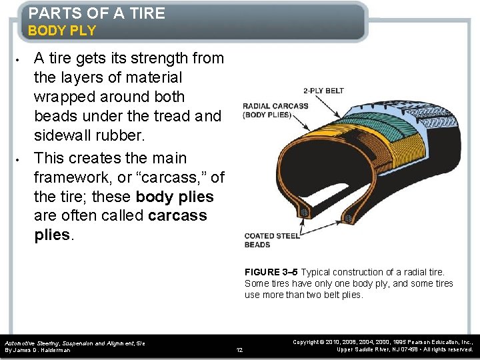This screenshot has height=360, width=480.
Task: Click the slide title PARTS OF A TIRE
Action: click(x=97, y=13)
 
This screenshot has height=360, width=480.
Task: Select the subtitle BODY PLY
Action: click(x=62, y=31)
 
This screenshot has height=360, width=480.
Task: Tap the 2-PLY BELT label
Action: click(x=323, y=91)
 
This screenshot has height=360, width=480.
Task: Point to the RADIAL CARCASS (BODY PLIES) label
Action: click(x=275, y=110)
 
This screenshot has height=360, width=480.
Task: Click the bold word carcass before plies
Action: click(x=178, y=216)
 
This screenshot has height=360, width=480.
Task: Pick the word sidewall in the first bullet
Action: click(x=65, y=135)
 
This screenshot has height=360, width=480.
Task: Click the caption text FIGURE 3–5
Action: click(x=271, y=272)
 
